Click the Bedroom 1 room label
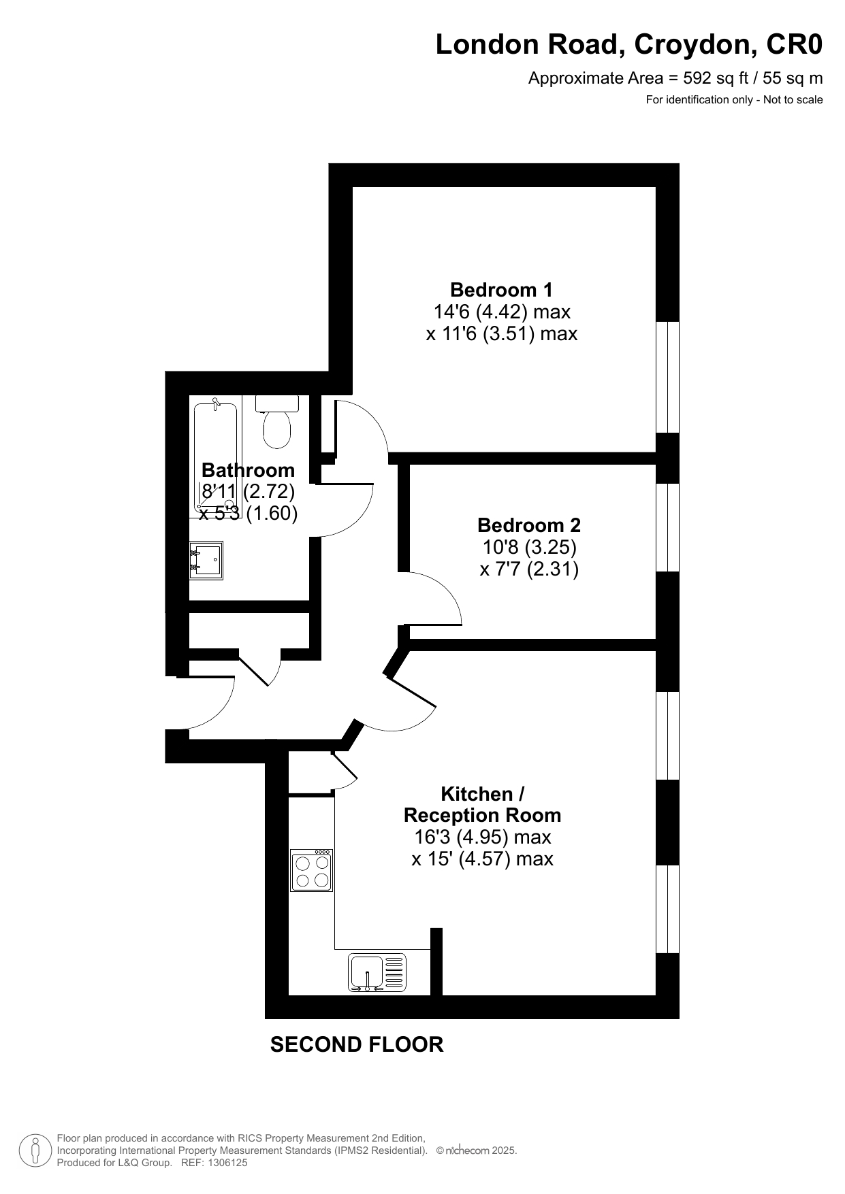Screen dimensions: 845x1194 tap(501, 290)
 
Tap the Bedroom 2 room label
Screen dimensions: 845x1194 tap(529, 525)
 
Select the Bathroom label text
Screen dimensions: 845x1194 tap(248, 470)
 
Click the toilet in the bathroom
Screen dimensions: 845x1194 tap(277, 422)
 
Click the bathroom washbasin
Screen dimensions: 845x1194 tap(206, 561)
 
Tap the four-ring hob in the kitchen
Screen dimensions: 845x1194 tap(311, 871)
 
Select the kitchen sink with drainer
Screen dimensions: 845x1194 tap(377, 972)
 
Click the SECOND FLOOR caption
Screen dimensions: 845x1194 tap(357, 1044)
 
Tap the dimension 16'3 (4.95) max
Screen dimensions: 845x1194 tap(482, 837)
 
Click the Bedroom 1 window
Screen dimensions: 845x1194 tap(667, 377)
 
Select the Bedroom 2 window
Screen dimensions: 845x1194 tap(667, 527)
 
